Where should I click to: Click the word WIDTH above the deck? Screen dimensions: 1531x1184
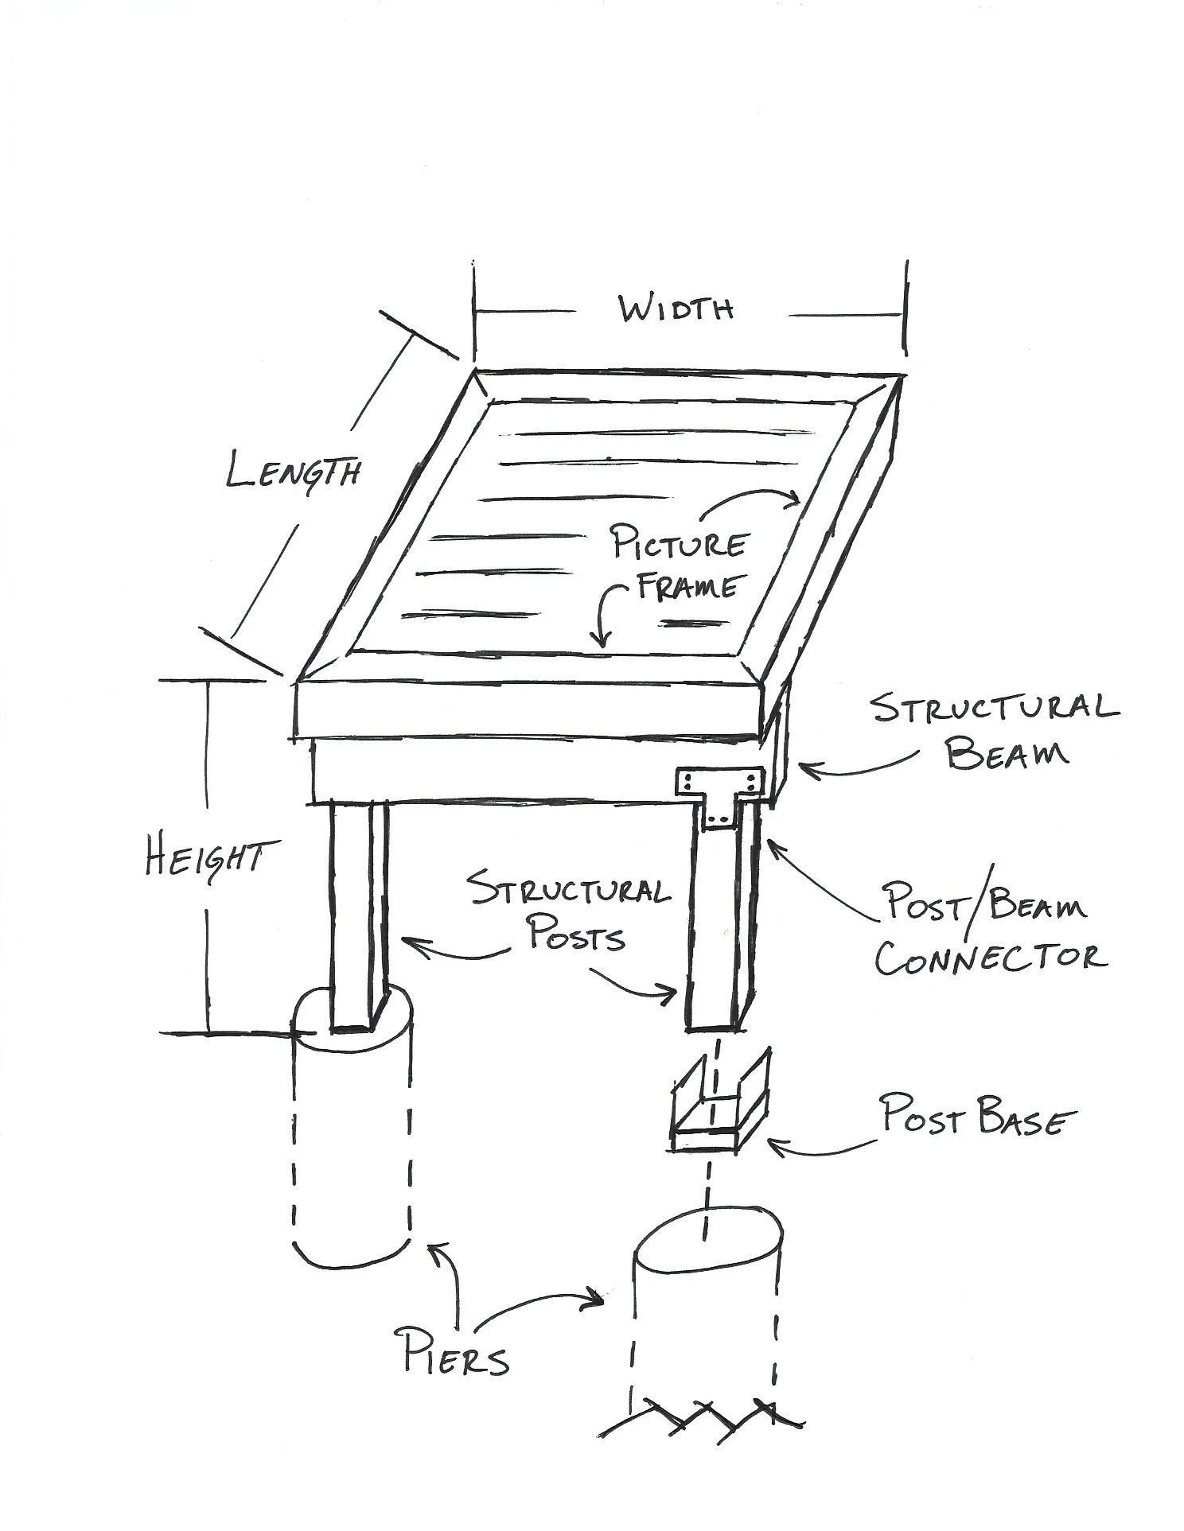point(676,309)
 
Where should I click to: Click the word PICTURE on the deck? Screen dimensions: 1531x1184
point(678,546)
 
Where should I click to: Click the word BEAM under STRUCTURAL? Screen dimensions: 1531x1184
point(1007,752)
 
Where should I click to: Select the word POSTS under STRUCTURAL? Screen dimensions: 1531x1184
point(577,937)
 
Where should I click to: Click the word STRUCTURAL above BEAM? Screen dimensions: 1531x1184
point(995,708)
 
